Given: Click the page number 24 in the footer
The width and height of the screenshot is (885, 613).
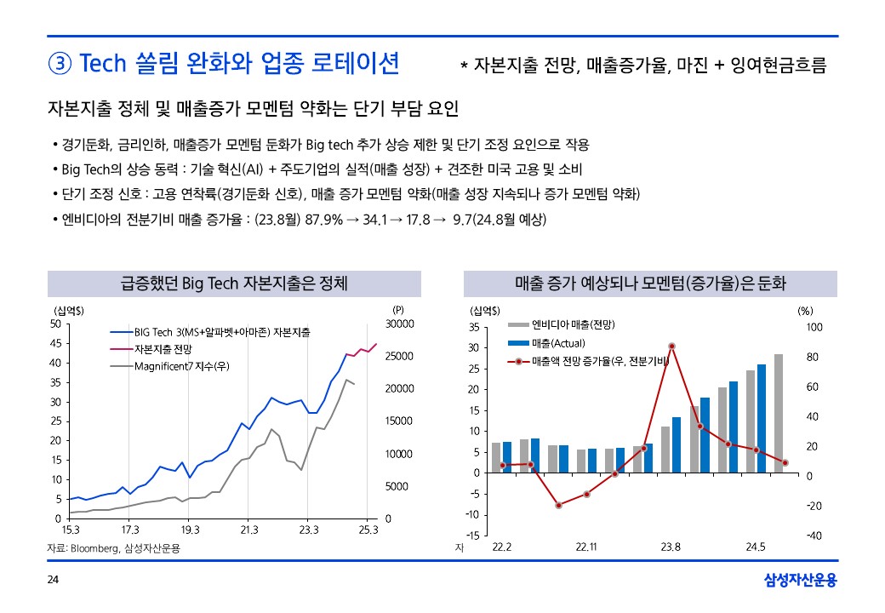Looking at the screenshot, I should coord(53,581).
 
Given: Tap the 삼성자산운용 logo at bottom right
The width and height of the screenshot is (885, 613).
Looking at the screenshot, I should coord(801,581).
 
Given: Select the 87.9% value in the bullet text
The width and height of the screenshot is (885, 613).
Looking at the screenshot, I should coord(324,220).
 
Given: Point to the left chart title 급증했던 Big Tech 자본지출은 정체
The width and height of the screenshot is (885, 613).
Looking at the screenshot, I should coord(234,284).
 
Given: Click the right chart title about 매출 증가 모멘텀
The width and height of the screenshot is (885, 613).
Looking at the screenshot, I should coord(650,284).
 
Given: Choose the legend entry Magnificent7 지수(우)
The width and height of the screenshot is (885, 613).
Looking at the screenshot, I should coord(182,367).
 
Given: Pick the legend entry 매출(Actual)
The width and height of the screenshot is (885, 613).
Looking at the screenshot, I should coord(557,343).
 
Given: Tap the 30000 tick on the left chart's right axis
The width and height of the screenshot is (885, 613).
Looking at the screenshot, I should coord(399,324).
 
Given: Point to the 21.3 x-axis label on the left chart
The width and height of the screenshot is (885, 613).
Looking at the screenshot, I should coord(249,531).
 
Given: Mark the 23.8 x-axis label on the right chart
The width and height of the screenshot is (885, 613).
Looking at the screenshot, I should coord(671,546).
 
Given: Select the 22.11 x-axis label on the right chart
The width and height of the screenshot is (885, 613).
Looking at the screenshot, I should coord(586,546).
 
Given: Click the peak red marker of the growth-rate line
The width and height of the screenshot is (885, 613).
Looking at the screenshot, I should coord(671,347).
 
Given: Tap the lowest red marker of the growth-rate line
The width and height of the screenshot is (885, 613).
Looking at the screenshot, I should coord(559,506).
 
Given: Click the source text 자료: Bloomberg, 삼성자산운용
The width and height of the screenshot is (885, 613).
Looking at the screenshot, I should coord(113,549).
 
